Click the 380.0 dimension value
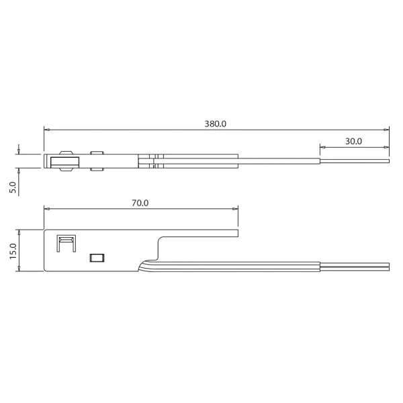click(x=216, y=124)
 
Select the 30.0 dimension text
click(x=353, y=141)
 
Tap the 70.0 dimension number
click(x=140, y=202)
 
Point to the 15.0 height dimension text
click(x=12, y=250)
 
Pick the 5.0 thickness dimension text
click(x=12, y=187)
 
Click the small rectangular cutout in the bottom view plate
click(x=97, y=257)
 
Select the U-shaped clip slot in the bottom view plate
click(x=66, y=244)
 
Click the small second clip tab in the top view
click(x=97, y=161)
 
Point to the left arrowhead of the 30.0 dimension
click(x=322, y=147)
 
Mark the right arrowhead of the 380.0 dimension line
click(x=387, y=130)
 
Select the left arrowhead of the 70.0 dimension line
click(x=46, y=208)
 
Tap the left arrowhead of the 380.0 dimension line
click(x=46, y=130)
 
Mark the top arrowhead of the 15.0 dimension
click(x=20, y=231)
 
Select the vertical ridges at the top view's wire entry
click(x=156, y=161)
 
